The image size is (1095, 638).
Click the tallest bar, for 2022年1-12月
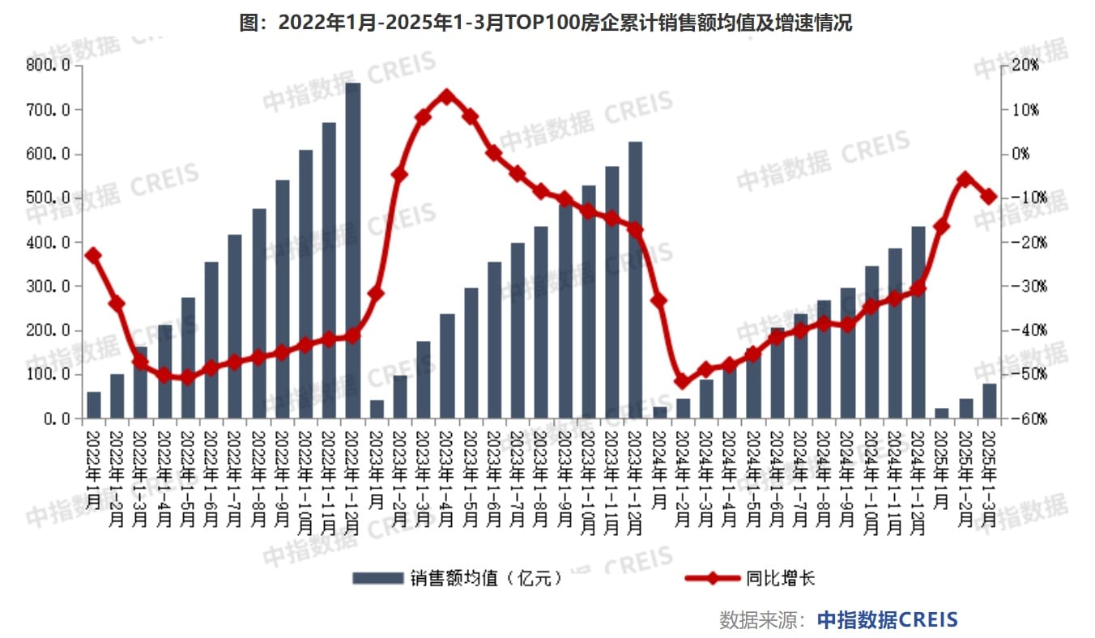[x=353, y=251]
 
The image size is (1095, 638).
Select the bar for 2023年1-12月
[x=636, y=280]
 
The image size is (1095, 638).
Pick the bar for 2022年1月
[x=94, y=405]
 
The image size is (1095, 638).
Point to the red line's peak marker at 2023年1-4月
[x=446, y=96]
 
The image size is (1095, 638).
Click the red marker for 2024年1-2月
[x=683, y=381]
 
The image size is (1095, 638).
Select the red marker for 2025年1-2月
[x=965, y=179]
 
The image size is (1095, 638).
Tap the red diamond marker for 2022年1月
[x=93, y=256]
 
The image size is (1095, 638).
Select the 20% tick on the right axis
[x=1022, y=66]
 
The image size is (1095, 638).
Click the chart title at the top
[x=546, y=23]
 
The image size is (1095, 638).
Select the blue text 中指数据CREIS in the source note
[x=887, y=620]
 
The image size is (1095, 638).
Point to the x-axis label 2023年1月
[x=377, y=469]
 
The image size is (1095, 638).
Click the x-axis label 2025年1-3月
[x=989, y=478]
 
